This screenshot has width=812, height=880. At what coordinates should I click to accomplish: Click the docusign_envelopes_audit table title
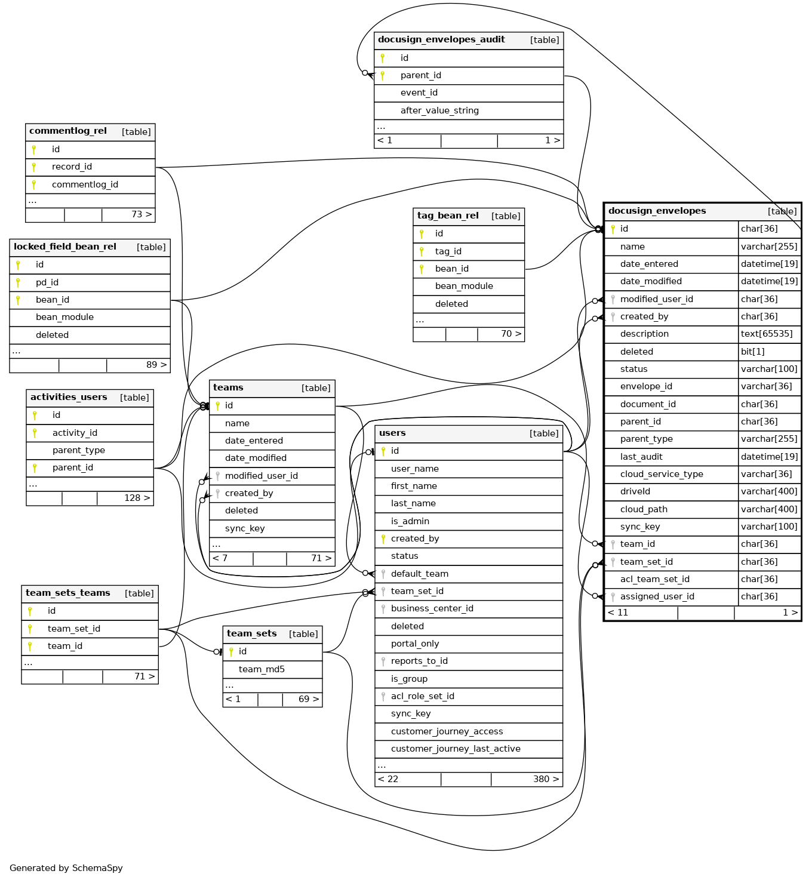coord(441,40)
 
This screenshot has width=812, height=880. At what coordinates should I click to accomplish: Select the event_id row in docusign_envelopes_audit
coord(419,93)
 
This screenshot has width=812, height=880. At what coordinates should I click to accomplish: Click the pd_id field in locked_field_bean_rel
coord(47,282)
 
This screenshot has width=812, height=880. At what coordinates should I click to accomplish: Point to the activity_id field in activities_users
coord(75,433)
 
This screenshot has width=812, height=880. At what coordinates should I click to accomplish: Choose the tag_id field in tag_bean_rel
coord(448,251)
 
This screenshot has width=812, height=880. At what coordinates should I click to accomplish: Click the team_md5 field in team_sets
coord(262,669)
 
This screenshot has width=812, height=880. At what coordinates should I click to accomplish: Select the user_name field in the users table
coord(414,469)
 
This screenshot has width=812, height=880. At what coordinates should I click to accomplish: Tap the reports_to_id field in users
coord(419,661)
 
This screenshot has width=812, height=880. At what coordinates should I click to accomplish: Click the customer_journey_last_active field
coord(456,749)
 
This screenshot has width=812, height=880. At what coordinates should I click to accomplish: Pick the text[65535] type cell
coord(767,334)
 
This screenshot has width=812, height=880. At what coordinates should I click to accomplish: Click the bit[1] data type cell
coord(752,352)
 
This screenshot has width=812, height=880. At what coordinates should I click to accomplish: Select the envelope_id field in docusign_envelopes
coord(646,386)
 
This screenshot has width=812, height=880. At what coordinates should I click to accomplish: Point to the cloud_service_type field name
coord(662,474)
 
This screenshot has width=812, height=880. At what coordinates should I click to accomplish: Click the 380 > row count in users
coord(546,779)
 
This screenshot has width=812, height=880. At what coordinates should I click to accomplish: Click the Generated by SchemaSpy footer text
coord(66,868)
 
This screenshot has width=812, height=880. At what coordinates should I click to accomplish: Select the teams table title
coord(229,388)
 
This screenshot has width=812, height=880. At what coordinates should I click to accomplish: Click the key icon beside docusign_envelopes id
coord(613,229)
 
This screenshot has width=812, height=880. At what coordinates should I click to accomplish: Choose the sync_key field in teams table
coord(245,528)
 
